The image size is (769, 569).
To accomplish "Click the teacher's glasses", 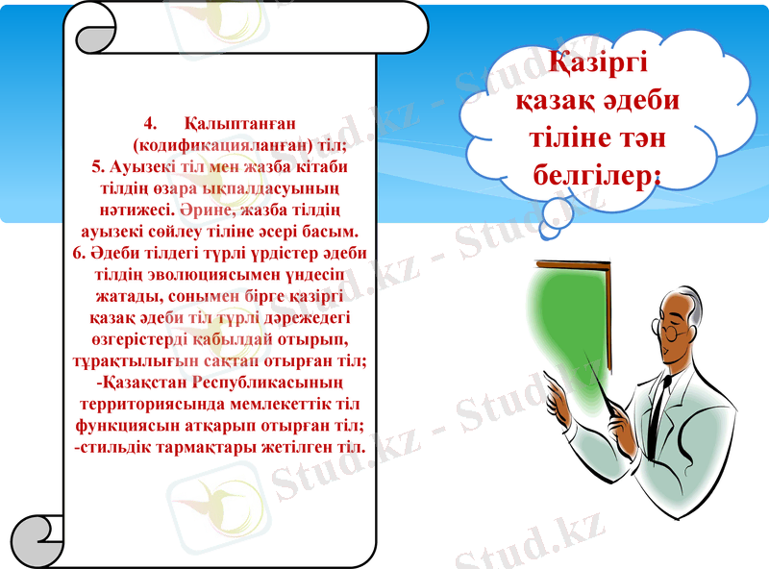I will (x=675, y=332).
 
